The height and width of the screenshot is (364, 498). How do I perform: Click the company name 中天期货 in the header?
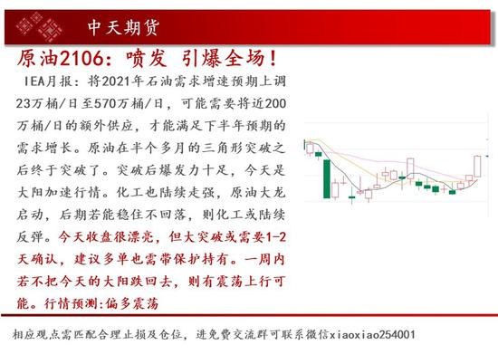[x=123, y=28]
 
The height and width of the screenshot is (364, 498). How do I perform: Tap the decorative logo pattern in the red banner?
[x=39, y=27]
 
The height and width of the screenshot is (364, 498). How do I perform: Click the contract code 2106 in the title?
[x=81, y=58]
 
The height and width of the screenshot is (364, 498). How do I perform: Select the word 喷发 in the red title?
[x=147, y=59]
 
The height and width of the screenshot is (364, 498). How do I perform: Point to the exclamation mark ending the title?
[x=273, y=59]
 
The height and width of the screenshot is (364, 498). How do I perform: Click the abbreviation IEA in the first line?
[x=34, y=81]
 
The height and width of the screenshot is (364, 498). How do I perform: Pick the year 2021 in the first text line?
[x=116, y=81]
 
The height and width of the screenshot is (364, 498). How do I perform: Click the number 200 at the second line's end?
[x=275, y=103]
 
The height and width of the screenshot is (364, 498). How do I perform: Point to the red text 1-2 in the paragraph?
[x=275, y=237]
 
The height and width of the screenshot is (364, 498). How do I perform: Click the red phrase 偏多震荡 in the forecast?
[x=131, y=303]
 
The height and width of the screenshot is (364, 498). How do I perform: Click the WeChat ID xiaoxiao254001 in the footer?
[x=372, y=334]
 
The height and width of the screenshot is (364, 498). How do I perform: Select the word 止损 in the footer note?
[x=134, y=334]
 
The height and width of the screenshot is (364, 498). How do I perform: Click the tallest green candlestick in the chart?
[x=327, y=178]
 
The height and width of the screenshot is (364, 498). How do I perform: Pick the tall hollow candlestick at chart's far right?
[x=477, y=166]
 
